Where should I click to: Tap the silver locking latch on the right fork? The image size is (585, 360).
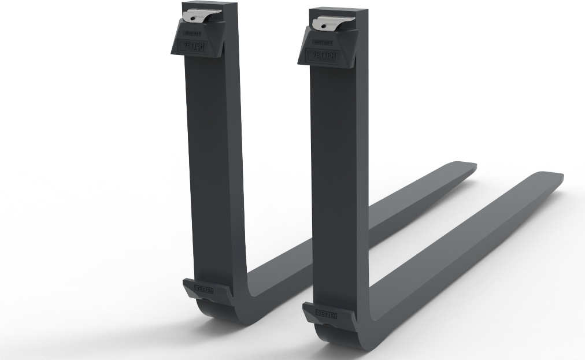[x=328, y=24]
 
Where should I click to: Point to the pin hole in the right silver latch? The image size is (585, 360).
[x=319, y=24]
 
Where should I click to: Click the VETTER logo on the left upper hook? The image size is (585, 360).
[x=195, y=46]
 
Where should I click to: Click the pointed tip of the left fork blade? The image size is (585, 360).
[x=473, y=166]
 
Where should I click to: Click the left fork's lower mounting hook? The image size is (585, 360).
[x=200, y=292]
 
